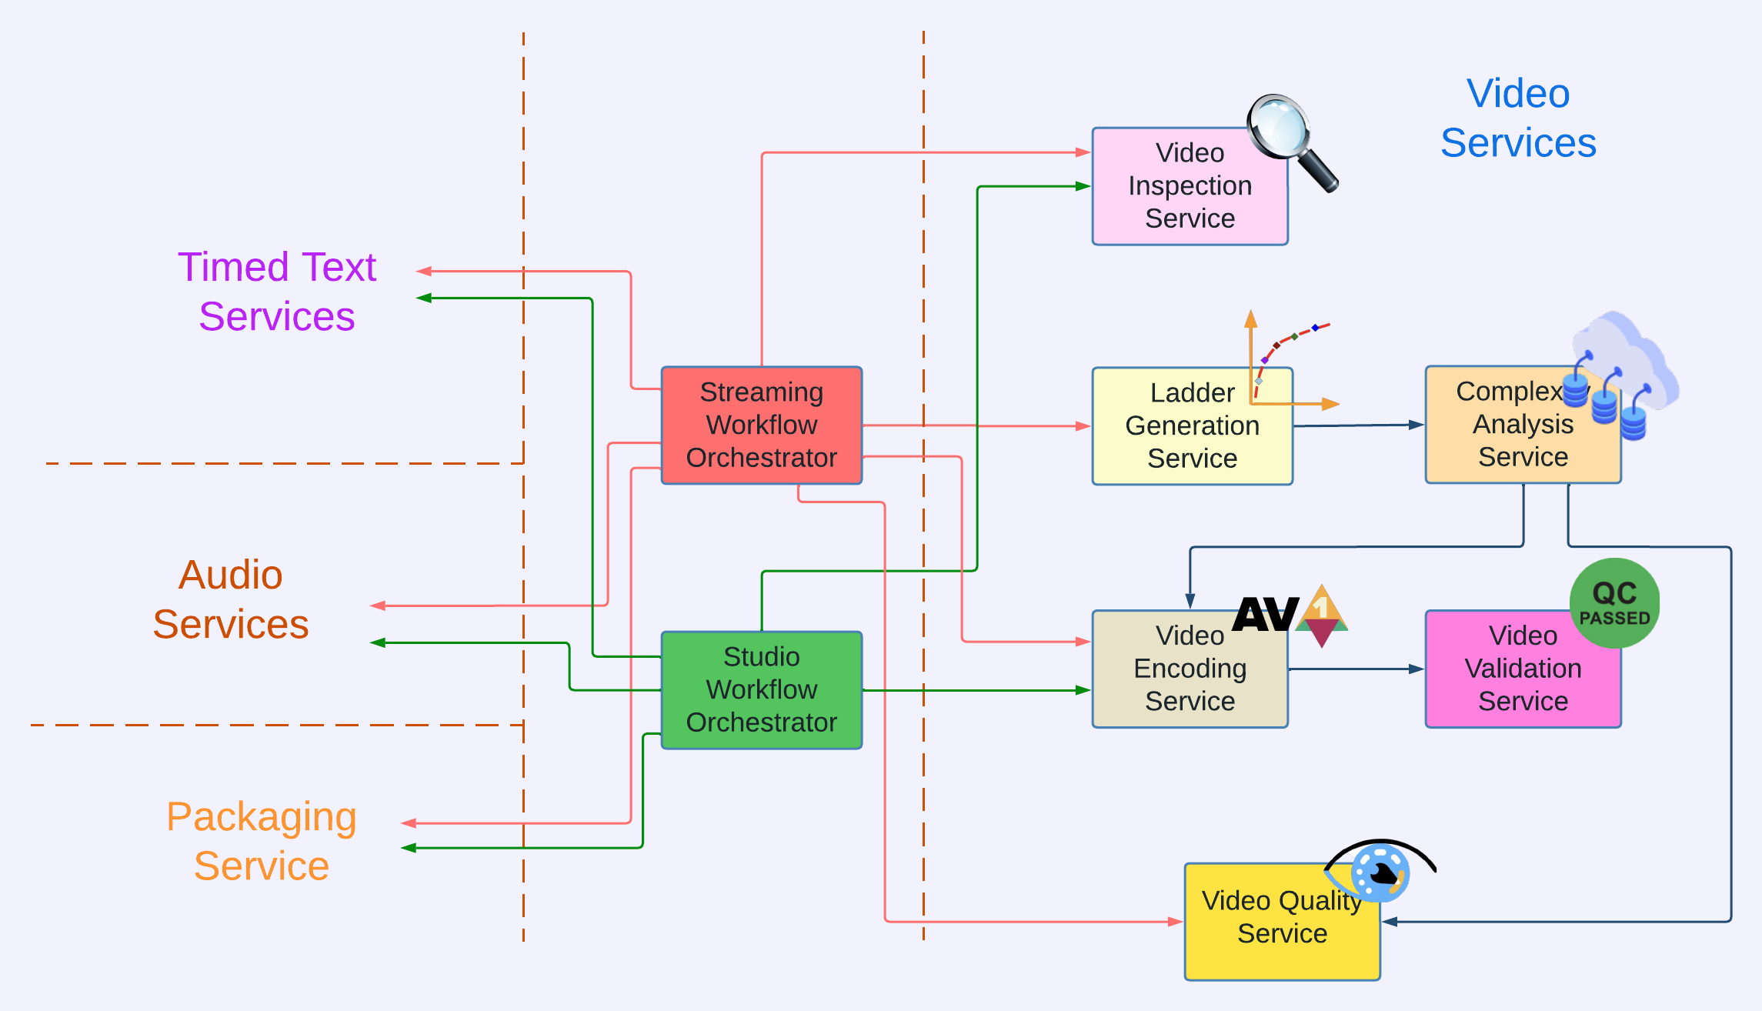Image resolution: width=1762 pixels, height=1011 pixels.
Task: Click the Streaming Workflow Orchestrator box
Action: coord(761,425)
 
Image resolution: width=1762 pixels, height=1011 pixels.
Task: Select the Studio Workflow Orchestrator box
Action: coord(761,689)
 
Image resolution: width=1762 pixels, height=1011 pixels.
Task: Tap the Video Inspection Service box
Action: coord(1189,186)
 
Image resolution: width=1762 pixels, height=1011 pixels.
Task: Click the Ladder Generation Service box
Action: coord(1192,425)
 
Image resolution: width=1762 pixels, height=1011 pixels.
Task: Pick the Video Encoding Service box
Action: coord(1189,668)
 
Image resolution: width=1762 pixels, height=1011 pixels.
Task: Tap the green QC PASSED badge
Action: coord(1613,602)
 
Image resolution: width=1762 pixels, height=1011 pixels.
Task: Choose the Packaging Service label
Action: coord(262,840)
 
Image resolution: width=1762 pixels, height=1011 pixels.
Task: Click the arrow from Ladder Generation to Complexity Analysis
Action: coord(1358,425)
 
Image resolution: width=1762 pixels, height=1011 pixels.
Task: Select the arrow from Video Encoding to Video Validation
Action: coord(1356,669)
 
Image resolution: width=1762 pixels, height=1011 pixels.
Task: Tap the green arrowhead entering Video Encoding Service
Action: coord(1083,690)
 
